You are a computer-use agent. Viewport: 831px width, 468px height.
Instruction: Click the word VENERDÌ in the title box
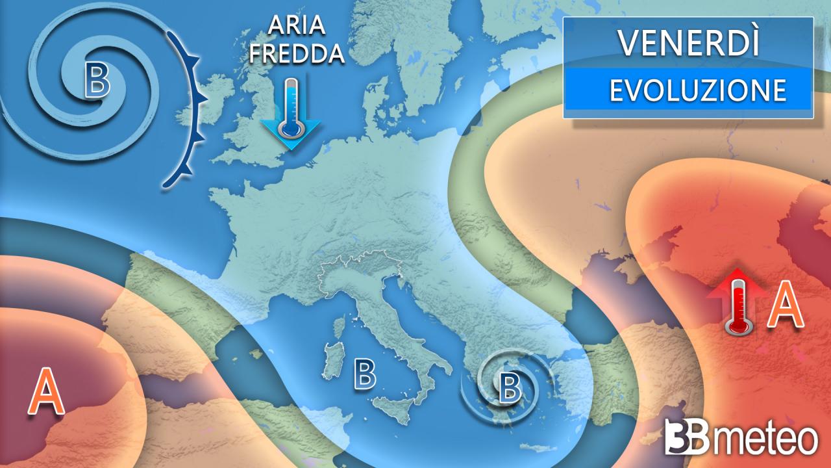point(688,43)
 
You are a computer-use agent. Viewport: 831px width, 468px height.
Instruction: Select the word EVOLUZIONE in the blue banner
point(697,90)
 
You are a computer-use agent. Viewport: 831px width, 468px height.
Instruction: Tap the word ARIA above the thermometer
point(297,29)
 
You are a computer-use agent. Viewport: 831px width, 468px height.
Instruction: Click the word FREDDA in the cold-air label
point(297,53)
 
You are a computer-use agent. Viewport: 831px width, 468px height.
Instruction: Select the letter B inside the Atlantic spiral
point(97,83)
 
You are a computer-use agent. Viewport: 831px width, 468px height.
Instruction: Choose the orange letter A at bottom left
point(46,391)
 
